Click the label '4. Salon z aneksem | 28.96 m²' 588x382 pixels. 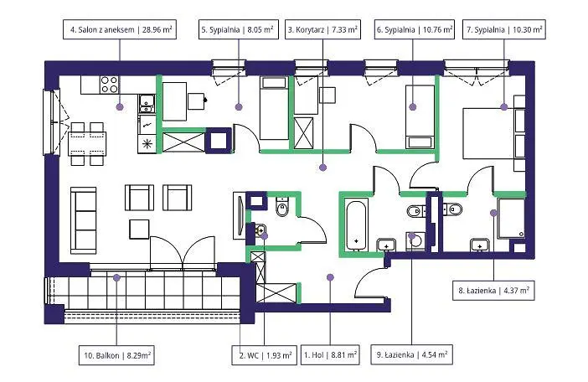coord(120,29)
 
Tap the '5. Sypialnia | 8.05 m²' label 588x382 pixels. coord(239,29)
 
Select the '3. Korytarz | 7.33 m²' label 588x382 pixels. coord(322,29)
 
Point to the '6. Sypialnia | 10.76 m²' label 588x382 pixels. coord(414,29)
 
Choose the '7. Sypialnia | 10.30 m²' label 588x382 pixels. coord(504,29)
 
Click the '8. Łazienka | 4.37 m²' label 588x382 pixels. coord(494,291)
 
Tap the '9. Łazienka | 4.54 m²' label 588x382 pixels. coord(412,354)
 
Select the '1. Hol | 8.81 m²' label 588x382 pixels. coord(330,354)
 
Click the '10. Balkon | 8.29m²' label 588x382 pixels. coord(116,354)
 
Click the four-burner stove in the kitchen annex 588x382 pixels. coord(109,85)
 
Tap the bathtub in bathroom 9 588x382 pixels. coord(356,225)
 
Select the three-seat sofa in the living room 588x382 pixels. coord(83,220)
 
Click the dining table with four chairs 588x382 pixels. coord(87,143)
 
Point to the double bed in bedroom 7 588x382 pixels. coord(488,133)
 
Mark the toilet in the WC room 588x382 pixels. coord(281,207)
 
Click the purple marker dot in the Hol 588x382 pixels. coord(330,277)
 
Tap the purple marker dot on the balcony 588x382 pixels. coord(116,278)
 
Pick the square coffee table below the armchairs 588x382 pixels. coord(139,229)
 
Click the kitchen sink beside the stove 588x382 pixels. coord(147,104)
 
